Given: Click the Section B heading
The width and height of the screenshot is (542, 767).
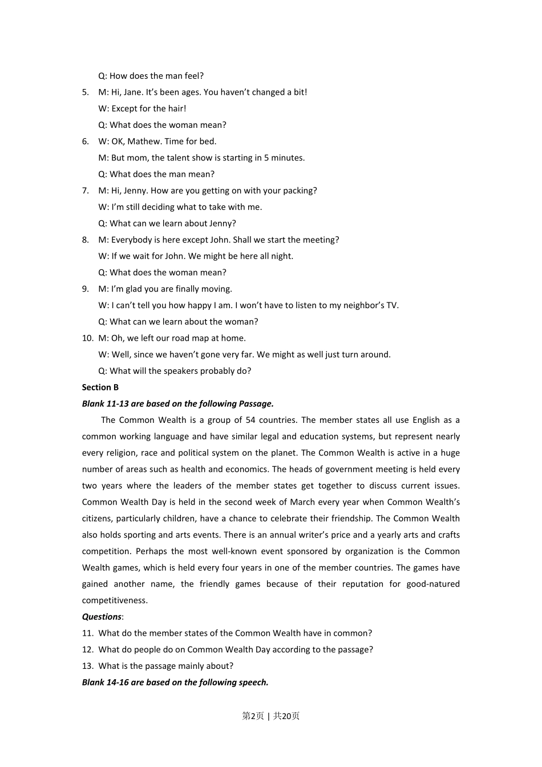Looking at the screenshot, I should (100, 387).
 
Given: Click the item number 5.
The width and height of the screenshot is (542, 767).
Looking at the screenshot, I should (86, 92).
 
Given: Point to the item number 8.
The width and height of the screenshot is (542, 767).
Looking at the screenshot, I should (86, 240).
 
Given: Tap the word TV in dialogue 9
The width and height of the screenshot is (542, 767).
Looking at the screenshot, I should (392, 305).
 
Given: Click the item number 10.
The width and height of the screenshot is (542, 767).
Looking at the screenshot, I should (87, 338).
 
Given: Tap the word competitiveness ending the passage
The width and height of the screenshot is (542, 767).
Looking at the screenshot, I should (114, 600).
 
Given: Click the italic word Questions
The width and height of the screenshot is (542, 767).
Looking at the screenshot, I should (102, 617).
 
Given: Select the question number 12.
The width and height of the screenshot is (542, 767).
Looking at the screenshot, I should (87, 649).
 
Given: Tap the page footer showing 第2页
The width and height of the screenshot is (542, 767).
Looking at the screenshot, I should (253, 716).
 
